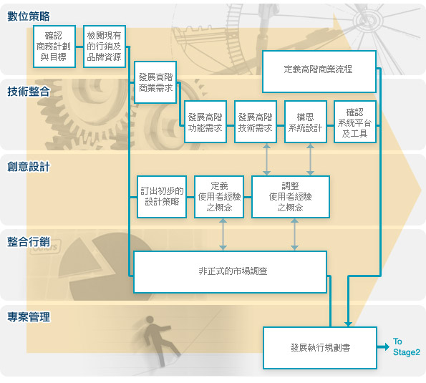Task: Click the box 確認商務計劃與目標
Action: [x=54, y=47]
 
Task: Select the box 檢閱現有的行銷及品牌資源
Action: [x=105, y=47]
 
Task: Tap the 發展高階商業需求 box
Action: [x=155, y=82]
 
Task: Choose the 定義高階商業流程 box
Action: [x=319, y=72]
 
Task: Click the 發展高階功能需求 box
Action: [x=205, y=122]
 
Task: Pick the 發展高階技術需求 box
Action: [x=256, y=122]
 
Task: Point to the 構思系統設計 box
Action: [x=306, y=122]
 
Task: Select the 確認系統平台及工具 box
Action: [x=355, y=122]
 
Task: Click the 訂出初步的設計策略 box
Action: [x=162, y=197]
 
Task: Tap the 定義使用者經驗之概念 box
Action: [x=219, y=197]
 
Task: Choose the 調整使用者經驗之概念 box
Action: [x=291, y=197]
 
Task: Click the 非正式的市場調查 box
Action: [x=230, y=272]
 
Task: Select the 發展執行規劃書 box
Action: [x=320, y=348]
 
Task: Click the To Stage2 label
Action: [x=407, y=347]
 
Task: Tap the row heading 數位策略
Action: [x=29, y=16]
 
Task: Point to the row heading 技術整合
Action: [x=29, y=92]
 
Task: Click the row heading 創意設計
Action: [x=29, y=167]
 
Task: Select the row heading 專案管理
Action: [x=29, y=317]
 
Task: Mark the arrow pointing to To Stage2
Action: [x=383, y=347]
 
